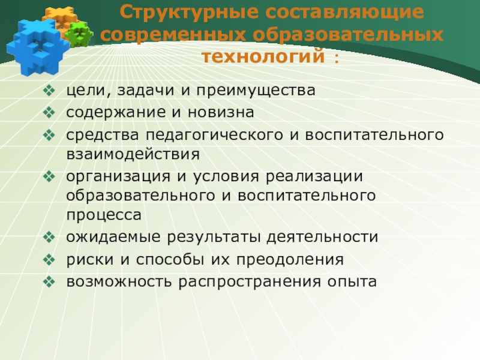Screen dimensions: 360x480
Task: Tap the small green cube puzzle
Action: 77,34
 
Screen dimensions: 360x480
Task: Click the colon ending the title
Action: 335,58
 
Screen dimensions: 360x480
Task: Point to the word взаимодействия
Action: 132,154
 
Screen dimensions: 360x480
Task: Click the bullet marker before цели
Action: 49,91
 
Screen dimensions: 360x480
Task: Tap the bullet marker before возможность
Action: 49,280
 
